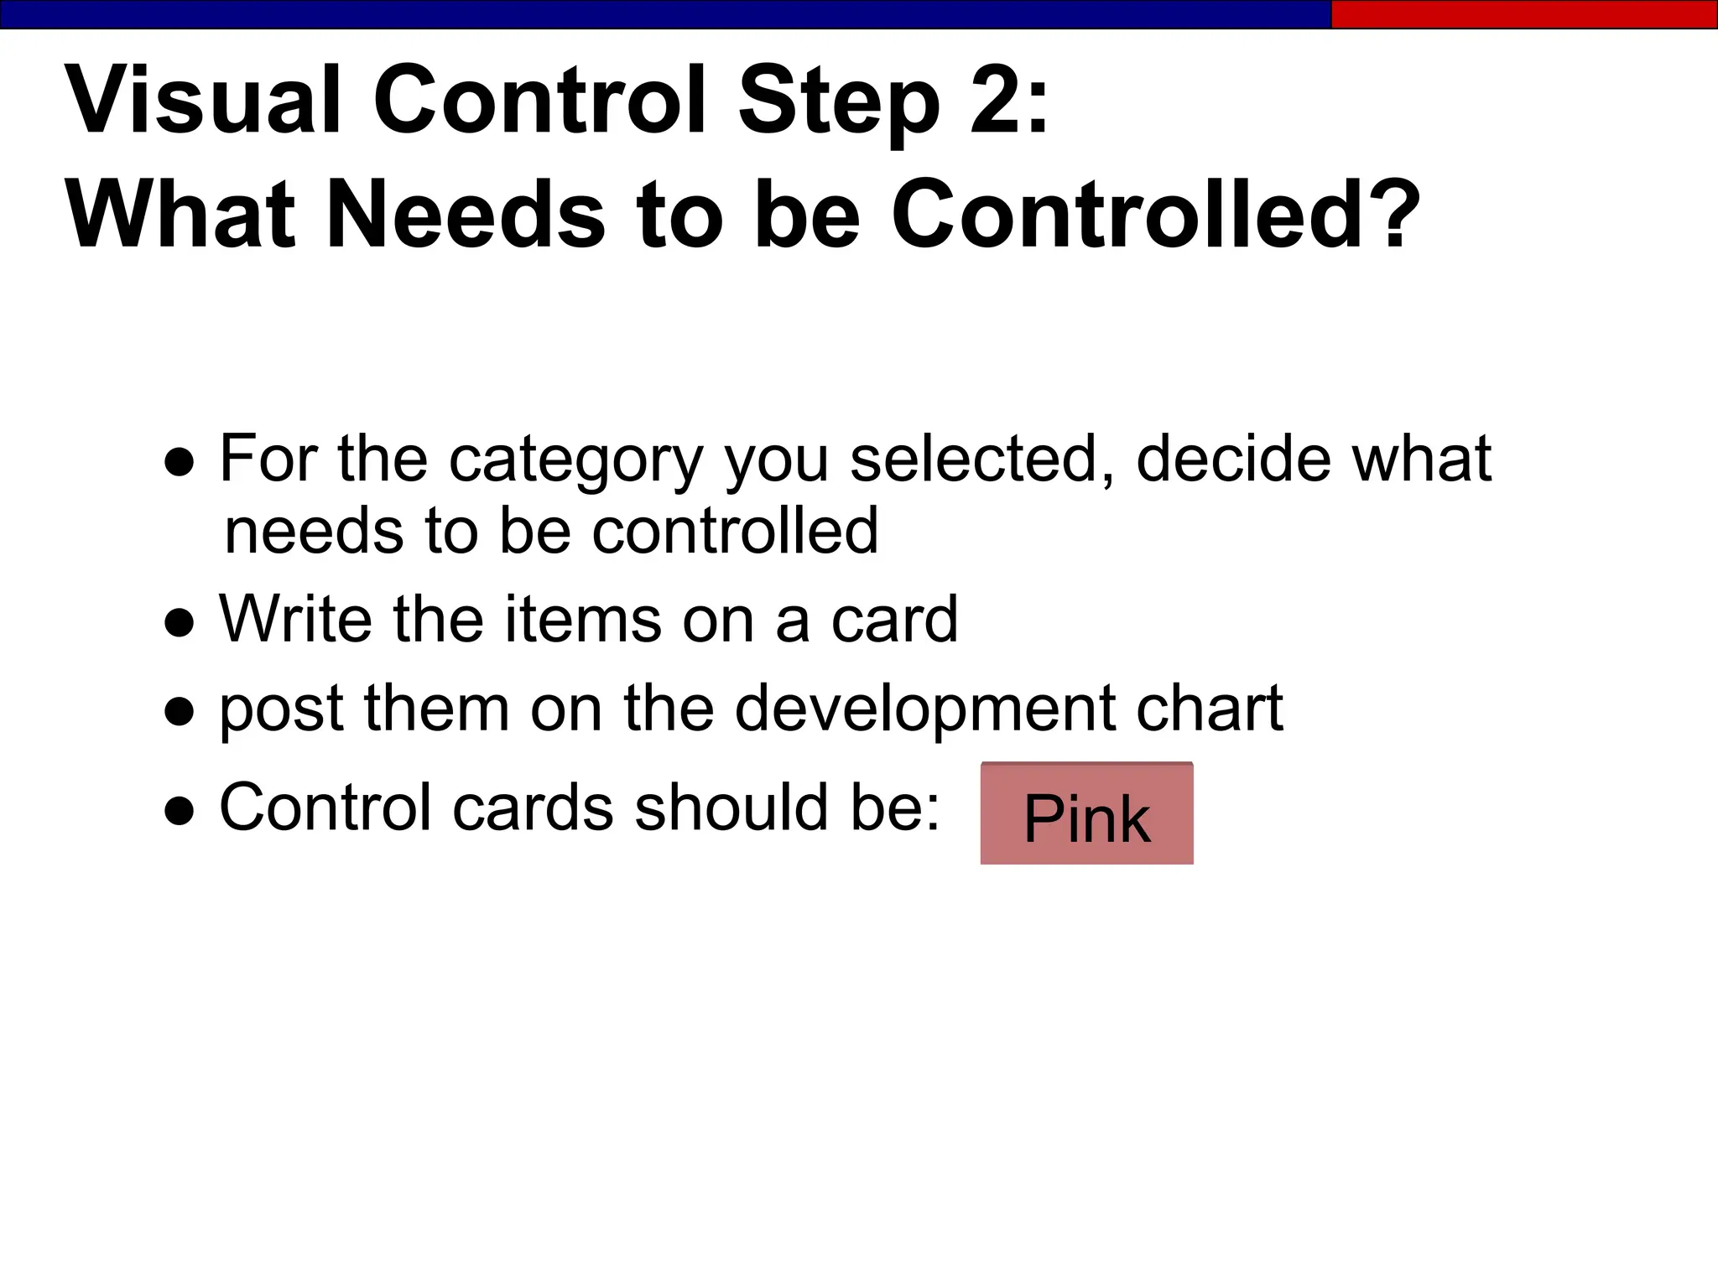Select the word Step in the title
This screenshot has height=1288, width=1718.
839,103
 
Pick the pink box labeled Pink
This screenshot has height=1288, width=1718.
1086,814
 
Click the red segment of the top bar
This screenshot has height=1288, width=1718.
1523,14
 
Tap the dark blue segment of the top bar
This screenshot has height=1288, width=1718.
663,14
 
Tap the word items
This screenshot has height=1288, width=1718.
582,619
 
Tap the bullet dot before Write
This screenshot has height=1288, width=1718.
180,623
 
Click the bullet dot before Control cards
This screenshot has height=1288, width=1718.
180,812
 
